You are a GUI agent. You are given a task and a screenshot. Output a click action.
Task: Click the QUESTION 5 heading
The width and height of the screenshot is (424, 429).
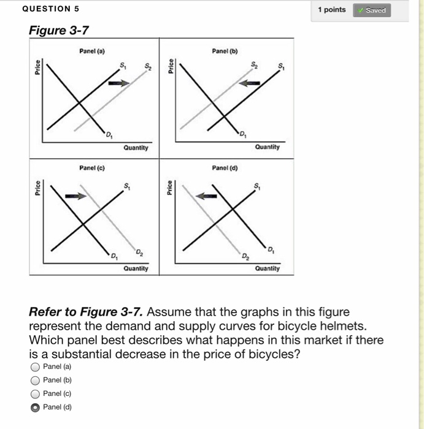click(x=50, y=9)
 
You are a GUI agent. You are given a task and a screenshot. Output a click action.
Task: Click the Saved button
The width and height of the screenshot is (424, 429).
click(x=371, y=10)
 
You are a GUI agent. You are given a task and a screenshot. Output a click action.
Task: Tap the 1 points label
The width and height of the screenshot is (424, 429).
click(x=331, y=10)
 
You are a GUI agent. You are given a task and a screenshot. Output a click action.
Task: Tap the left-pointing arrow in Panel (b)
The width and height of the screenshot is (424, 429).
click(x=250, y=84)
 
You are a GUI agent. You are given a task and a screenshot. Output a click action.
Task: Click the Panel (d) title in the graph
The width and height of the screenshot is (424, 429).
click(x=225, y=167)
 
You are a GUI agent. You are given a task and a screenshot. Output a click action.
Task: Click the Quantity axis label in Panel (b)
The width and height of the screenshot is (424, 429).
click(x=267, y=147)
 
